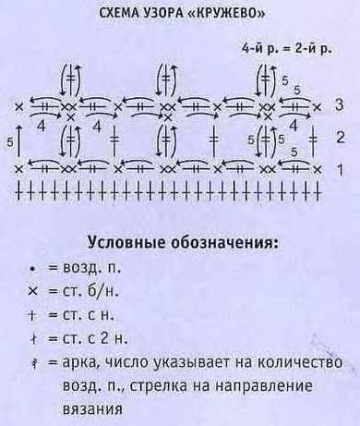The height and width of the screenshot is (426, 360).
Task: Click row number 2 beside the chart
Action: click(x=340, y=139)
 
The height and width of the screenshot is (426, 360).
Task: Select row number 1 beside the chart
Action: click(x=340, y=169)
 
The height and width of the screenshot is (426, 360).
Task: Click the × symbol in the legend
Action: click(x=30, y=291)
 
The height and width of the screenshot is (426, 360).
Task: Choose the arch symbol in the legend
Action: click(x=30, y=362)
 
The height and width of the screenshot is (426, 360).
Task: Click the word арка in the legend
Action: click(x=84, y=362)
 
